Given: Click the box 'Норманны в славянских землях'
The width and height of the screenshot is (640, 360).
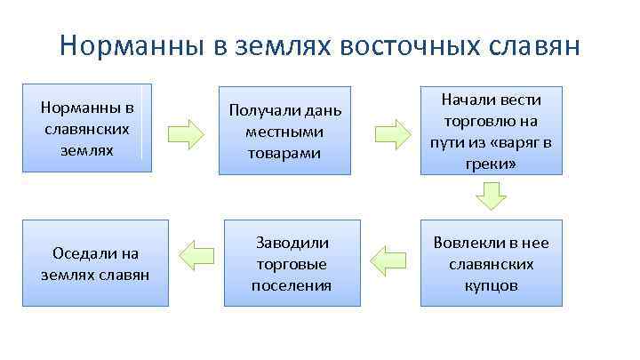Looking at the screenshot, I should [x=87, y=128].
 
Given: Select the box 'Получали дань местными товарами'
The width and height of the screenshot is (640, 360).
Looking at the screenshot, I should [x=285, y=132].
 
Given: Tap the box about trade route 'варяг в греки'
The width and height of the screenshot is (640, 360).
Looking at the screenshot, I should [x=491, y=132].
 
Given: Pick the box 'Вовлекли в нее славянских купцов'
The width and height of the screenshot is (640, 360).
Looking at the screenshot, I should [x=491, y=264].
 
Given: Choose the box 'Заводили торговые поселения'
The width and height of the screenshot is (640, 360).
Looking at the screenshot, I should [x=292, y=264].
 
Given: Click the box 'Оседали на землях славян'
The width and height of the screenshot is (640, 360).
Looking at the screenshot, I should [x=95, y=264].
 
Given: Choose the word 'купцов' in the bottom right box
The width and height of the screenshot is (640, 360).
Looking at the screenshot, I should [x=491, y=286].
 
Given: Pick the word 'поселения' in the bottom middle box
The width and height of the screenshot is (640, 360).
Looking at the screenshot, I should [x=292, y=286].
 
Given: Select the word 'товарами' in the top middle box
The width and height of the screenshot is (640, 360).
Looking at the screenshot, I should [x=284, y=154].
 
